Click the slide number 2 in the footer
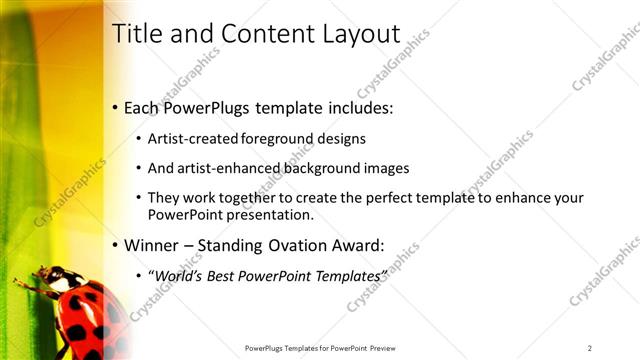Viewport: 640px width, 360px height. coord(590,347)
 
